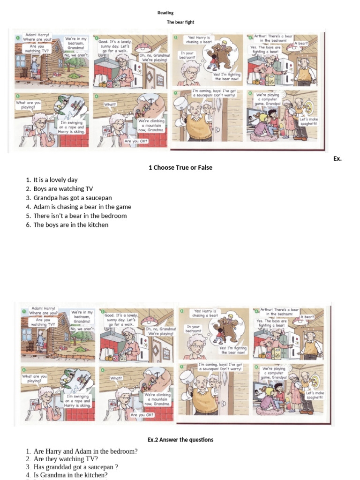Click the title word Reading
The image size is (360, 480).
tap(165, 13)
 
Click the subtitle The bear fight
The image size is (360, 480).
tap(180, 22)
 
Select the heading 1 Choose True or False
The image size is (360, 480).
tap(180, 167)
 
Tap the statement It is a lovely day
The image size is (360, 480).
tap(55, 180)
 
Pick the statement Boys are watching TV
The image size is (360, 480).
tap(63, 189)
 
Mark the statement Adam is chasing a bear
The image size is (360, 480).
tap(82, 207)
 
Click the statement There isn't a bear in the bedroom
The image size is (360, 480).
tap(80, 216)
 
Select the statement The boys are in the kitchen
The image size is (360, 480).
tap(71, 225)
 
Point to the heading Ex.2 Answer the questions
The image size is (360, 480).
tap(180, 440)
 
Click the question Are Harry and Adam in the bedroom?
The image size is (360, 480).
tap(85, 451)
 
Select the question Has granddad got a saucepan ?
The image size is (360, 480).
tap(75, 467)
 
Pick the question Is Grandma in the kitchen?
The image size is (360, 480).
tap(74, 475)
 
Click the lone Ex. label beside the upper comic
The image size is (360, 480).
tap(337, 159)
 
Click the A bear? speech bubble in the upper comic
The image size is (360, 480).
tap(301, 43)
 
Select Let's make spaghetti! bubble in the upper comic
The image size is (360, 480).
tap(308, 121)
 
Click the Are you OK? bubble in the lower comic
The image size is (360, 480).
tap(142, 415)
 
